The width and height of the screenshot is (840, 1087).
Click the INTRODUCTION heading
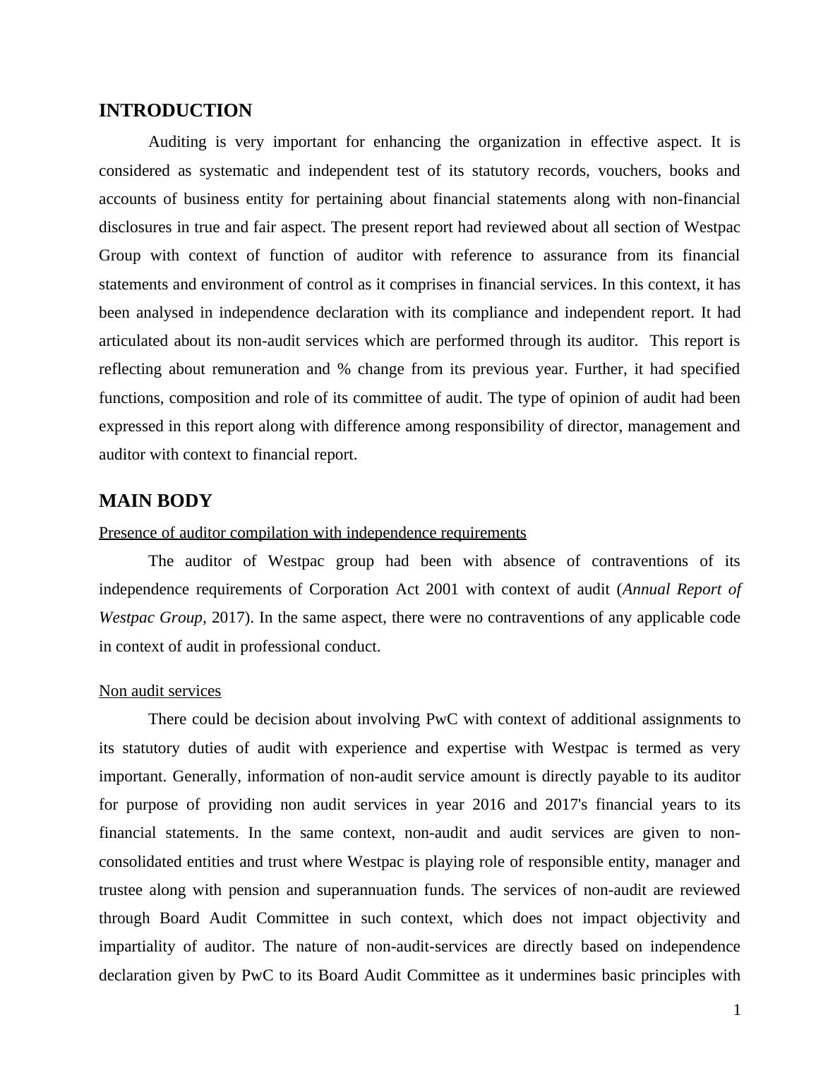[175, 111]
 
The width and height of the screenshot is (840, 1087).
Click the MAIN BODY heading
[155, 501]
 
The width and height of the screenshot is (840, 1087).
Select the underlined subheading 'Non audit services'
[160, 691]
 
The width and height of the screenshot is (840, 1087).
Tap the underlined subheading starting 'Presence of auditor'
[312, 533]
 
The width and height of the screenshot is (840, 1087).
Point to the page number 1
[737, 1011]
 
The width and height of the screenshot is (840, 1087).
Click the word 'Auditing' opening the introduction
[177, 143]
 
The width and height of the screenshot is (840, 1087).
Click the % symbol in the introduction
[344, 370]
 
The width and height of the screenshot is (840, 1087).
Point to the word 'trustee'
[119, 890]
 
